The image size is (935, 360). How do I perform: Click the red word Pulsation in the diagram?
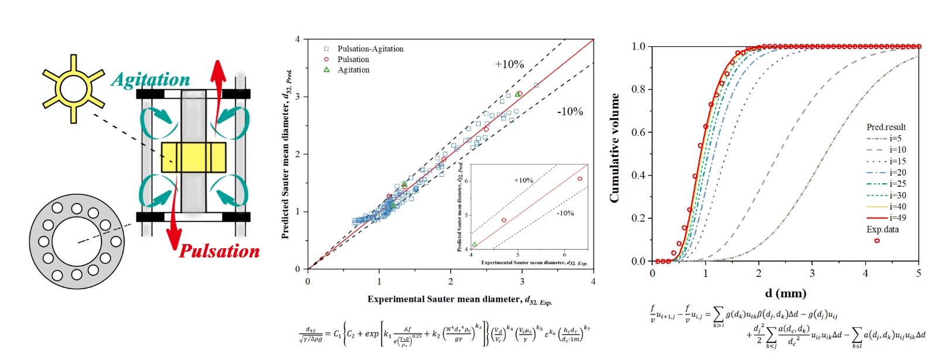(x=219, y=251)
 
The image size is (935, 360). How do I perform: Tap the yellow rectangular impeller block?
(x=193, y=157)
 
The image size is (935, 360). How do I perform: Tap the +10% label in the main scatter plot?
(x=509, y=64)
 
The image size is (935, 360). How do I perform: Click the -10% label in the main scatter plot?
(x=569, y=111)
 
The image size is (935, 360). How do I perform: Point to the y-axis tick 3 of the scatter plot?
(x=297, y=97)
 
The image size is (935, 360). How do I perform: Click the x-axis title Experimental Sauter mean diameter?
(x=459, y=300)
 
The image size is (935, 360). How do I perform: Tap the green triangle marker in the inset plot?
(x=474, y=245)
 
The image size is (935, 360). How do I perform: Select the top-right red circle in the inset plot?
(x=580, y=179)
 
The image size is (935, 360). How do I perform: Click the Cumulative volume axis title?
(x=614, y=148)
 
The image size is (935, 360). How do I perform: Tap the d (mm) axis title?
(x=785, y=293)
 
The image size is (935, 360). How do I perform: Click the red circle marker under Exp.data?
(x=877, y=241)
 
